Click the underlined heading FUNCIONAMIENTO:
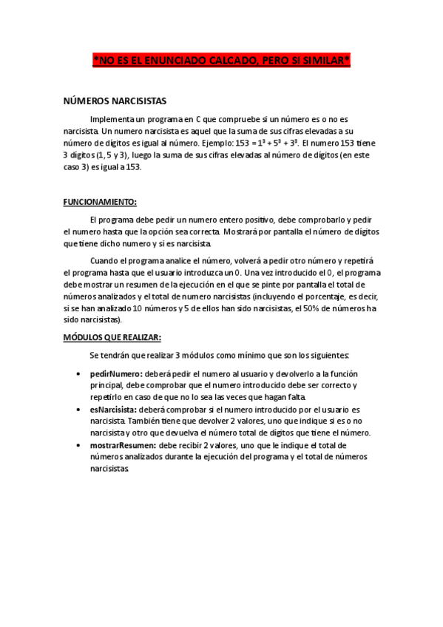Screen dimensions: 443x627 click(x=100, y=201)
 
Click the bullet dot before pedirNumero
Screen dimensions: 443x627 click(x=79, y=375)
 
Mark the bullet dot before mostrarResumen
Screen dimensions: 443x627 click(x=79, y=446)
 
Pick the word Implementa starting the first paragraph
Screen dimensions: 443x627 click(x=112, y=118)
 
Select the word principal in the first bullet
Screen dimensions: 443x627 click(x=109, y=386)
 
